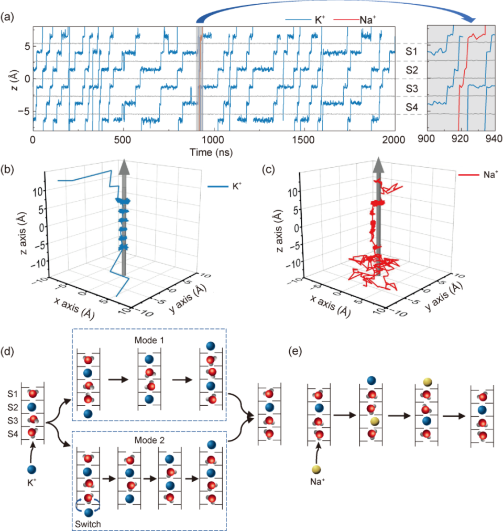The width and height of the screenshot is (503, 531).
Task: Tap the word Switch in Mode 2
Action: (x=89, y=523)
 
